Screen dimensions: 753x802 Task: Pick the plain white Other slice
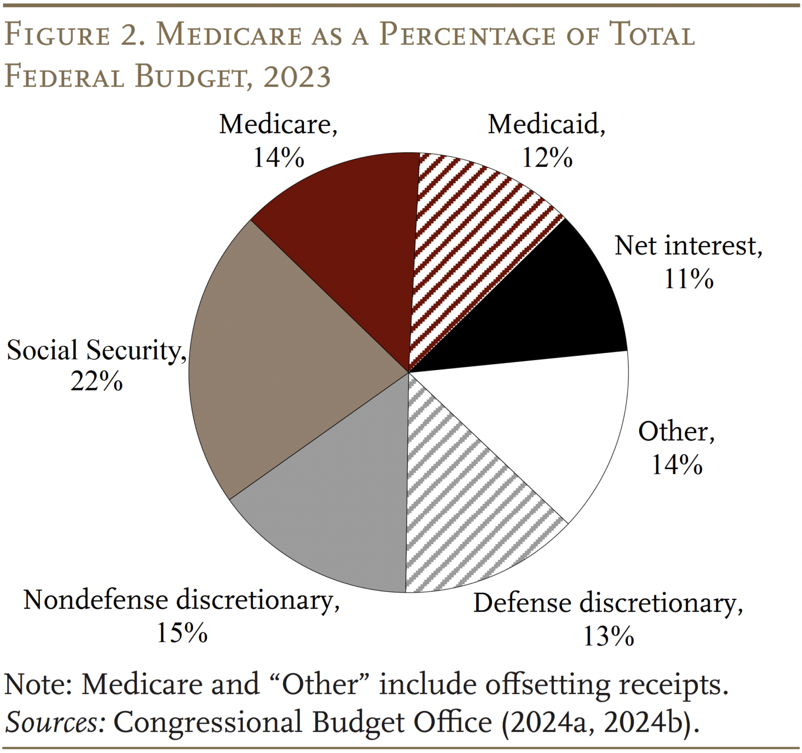point(548,428)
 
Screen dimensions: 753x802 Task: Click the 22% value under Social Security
point(97,383)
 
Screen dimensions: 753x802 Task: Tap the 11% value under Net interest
point(688,279)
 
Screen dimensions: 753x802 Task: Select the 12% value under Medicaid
point(547,157)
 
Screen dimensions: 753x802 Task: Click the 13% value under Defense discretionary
point(608,636)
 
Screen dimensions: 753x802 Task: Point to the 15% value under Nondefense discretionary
point(182,633)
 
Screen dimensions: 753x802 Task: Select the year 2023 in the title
point(297,77)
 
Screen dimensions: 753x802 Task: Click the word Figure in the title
point(57,36)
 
